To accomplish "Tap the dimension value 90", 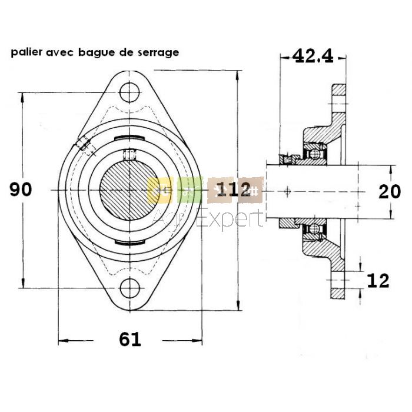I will [21, 190].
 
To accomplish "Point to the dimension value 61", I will [130, 339].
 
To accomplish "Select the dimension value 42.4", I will [313, 56].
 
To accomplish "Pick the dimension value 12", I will [377, 281].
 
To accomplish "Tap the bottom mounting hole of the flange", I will [130, 288].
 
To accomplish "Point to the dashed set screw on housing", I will [84, 145].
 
